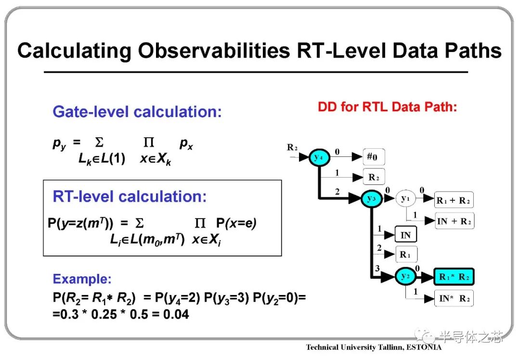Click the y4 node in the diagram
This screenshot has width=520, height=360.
(319, 157)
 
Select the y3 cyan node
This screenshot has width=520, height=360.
(371, 199)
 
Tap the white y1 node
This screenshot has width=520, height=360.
(405, 199)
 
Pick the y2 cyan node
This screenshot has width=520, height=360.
(405, 276)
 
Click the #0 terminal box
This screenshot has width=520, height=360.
(374, 157)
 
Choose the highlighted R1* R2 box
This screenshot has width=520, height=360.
(454, 277)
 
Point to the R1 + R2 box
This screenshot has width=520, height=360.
(454, 200)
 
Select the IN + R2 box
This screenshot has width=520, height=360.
(454, 221)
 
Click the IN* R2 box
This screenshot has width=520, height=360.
(454, 298)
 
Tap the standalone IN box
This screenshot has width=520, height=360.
(405, 235)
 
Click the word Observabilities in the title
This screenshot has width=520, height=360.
(214, 51)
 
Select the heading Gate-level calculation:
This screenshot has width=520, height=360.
(137, 112)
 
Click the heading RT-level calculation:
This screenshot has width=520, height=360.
(130, 196)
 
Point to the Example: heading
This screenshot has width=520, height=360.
(82, 279)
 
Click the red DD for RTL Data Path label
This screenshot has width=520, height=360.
(387, 107)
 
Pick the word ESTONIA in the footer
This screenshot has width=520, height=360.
(424, 347)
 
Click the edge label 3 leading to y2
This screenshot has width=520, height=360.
(377, 268)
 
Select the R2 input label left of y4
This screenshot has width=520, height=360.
(292, 148)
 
